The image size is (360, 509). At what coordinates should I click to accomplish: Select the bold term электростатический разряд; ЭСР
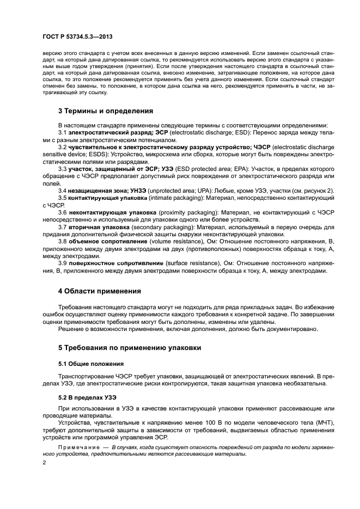click(101, 133)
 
